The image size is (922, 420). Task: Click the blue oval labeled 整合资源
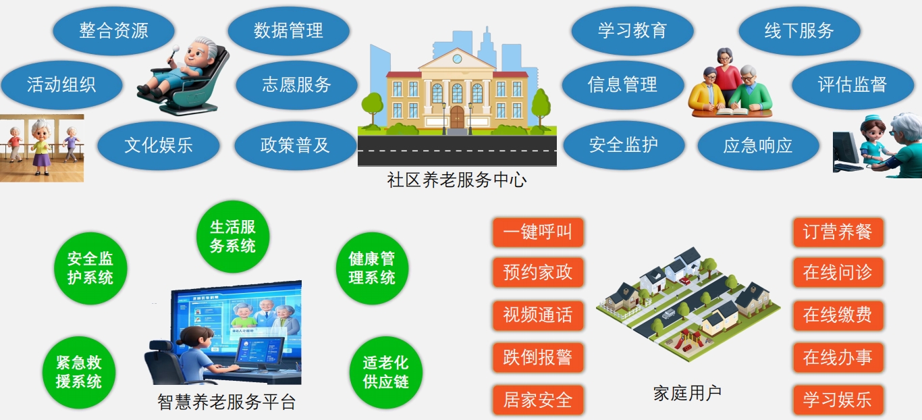[113, 31]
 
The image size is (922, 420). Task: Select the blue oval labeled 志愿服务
[296, 85]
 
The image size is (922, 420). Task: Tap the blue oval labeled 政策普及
[295, 145]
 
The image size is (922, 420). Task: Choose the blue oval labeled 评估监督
[852, 85]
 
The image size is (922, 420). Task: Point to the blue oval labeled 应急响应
[758, 145]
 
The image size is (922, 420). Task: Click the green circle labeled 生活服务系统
[233, 236]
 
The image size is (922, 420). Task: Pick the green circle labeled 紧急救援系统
[78, 372]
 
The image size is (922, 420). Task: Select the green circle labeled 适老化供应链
[385, 372]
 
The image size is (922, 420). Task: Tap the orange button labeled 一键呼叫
[538, 232]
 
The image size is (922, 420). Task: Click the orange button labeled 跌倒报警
[538, 357]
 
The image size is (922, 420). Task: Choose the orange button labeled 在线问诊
[838, 272]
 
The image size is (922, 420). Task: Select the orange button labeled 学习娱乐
[838, 400]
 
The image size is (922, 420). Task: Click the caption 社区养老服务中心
[457, 180]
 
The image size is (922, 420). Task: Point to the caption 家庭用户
[687, 393]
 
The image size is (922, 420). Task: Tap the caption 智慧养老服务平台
[226, 402]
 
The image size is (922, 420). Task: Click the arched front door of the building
[458, 117]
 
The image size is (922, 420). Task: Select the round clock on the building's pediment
[458, 59]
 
